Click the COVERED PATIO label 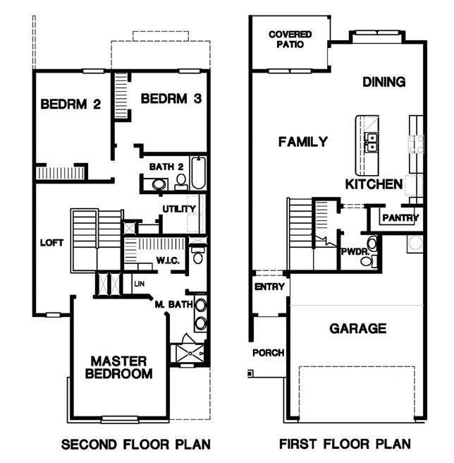[x=290, y=40]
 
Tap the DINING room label [x=384, y=82]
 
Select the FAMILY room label [x=303, y=142]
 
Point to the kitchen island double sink [x=371, y=142]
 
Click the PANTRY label [x=400, y=218]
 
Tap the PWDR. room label [x=355, y=252]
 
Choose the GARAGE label [x=358, y=328]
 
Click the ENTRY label [x=269, y=287]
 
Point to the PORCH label [x=268, y=353]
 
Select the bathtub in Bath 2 [x=198, y=173]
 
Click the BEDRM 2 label [x=70, y=104]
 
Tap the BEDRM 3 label [x=171, y=98]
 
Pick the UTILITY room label [x=179, y=209]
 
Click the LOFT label [x=51, y=243]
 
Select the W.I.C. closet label [x=168, y=260]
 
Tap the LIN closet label [x=140, y=284]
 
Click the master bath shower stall [x=188, y=353]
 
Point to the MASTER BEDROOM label [x=119, y=367]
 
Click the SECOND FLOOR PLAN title [x=135, y=445]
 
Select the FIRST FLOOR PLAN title [x=345, y=444]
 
